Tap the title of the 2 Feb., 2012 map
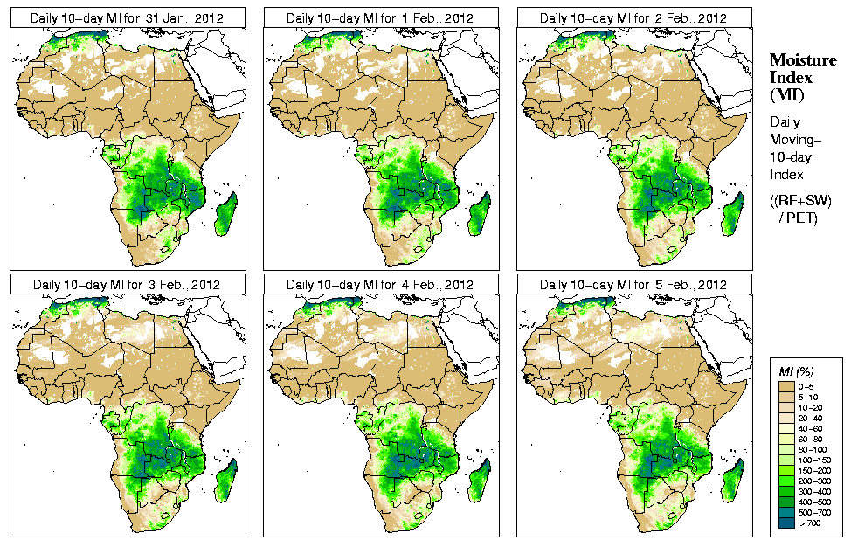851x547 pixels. pyautogui.click(x=633, y=17)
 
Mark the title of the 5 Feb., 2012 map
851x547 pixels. pyautogui.click(x=633, y=284)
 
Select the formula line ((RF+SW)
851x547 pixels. pyautogui.click(x=801, y=201)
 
